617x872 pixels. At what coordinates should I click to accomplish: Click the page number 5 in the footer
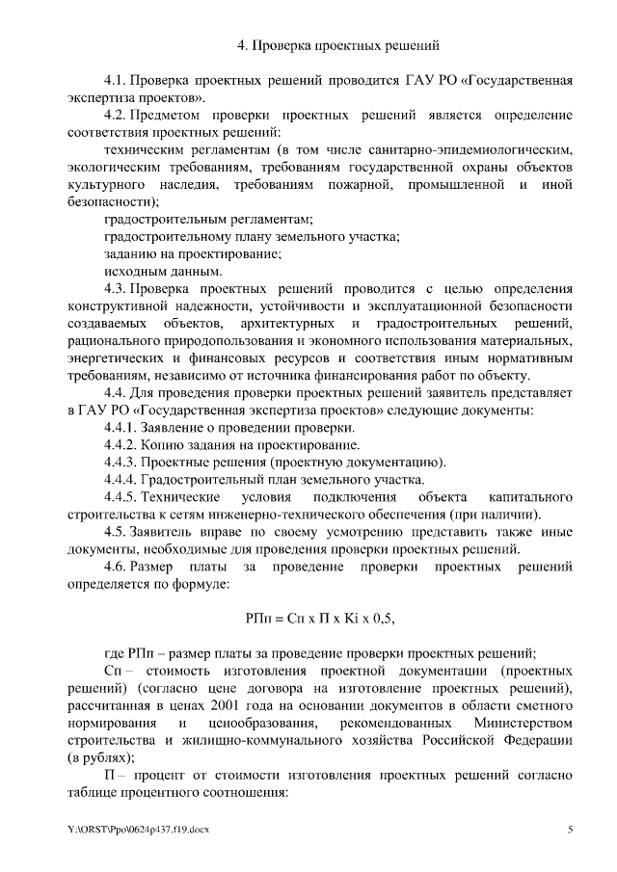570,830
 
